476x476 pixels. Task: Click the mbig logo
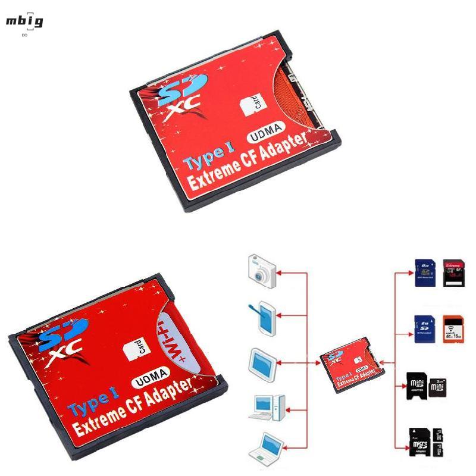(x=24, y=23)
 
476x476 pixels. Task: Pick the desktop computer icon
(x=261, y=408)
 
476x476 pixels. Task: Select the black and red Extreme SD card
(x=456, y=273)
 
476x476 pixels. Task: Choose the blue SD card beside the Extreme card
(x=422, y=273)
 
